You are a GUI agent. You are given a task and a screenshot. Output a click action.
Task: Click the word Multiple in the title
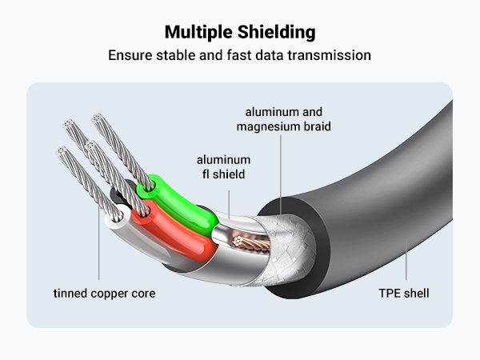pyautogui.click(x=197, y=33)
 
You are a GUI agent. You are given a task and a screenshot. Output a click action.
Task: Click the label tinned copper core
pyautogui.click(x=105, y=294)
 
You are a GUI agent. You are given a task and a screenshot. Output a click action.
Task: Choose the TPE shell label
pyautogui.click(x=404, y=294)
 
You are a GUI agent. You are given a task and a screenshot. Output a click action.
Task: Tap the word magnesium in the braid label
pyautogui.click(x=273, y=126)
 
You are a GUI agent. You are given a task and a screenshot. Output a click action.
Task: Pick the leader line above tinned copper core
pyautogui.click(x=99, y=256)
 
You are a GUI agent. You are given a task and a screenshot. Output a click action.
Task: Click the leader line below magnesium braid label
pyautogui.click(x=282, y=168)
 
